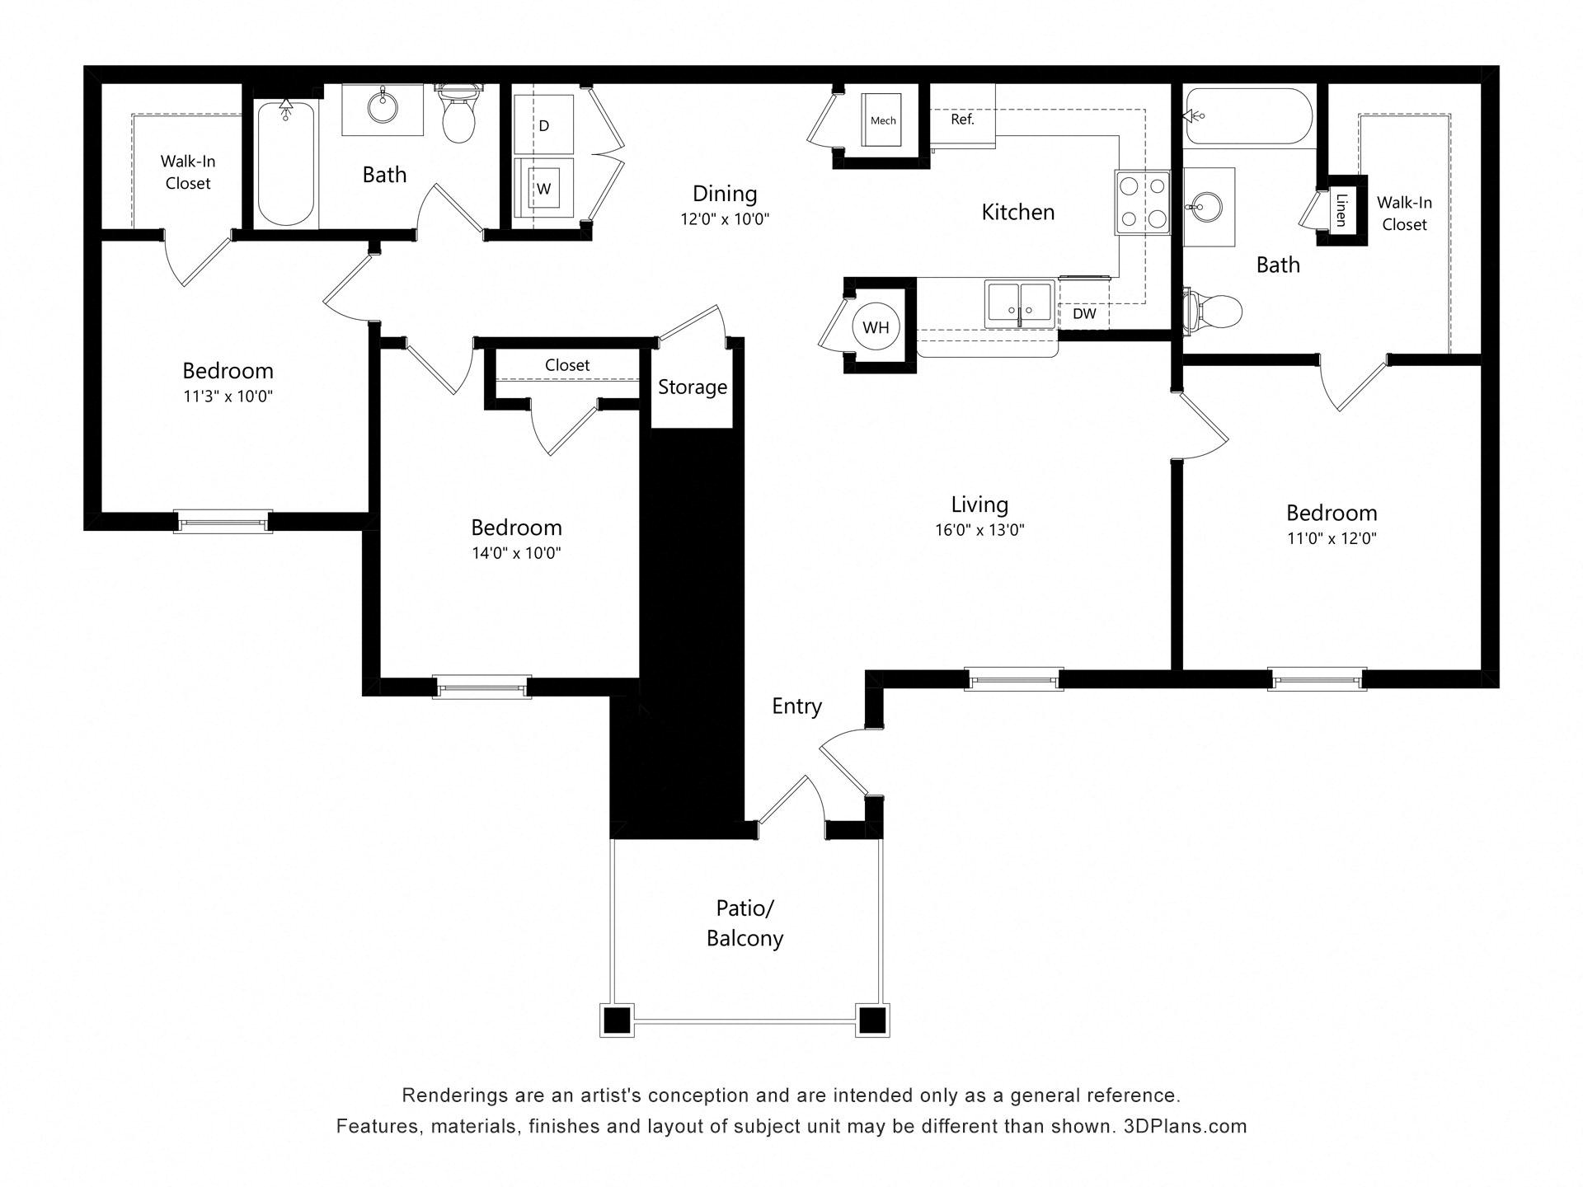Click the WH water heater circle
tap(876, 327)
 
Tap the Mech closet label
tap(882, 120)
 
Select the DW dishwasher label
tap(1084, 314)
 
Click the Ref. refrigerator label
tap(962, 120)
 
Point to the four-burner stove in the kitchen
tap(1143, 202)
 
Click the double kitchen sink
tap(1021, 303)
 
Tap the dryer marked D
tap(544, 126)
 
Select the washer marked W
tap(544, 189)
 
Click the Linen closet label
tap(1341, 209)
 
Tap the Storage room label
tap(692, 387)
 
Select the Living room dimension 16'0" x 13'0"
tap(979, 530)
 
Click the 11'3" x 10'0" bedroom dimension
tap(228, 396)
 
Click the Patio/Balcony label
tap(745, 923)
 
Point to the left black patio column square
tap(617, 1020)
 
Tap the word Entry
tap(796, 706)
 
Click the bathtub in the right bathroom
tap(1247, 116)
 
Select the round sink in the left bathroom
tap(383, 107)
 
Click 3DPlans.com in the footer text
tap(1185, 1127)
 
